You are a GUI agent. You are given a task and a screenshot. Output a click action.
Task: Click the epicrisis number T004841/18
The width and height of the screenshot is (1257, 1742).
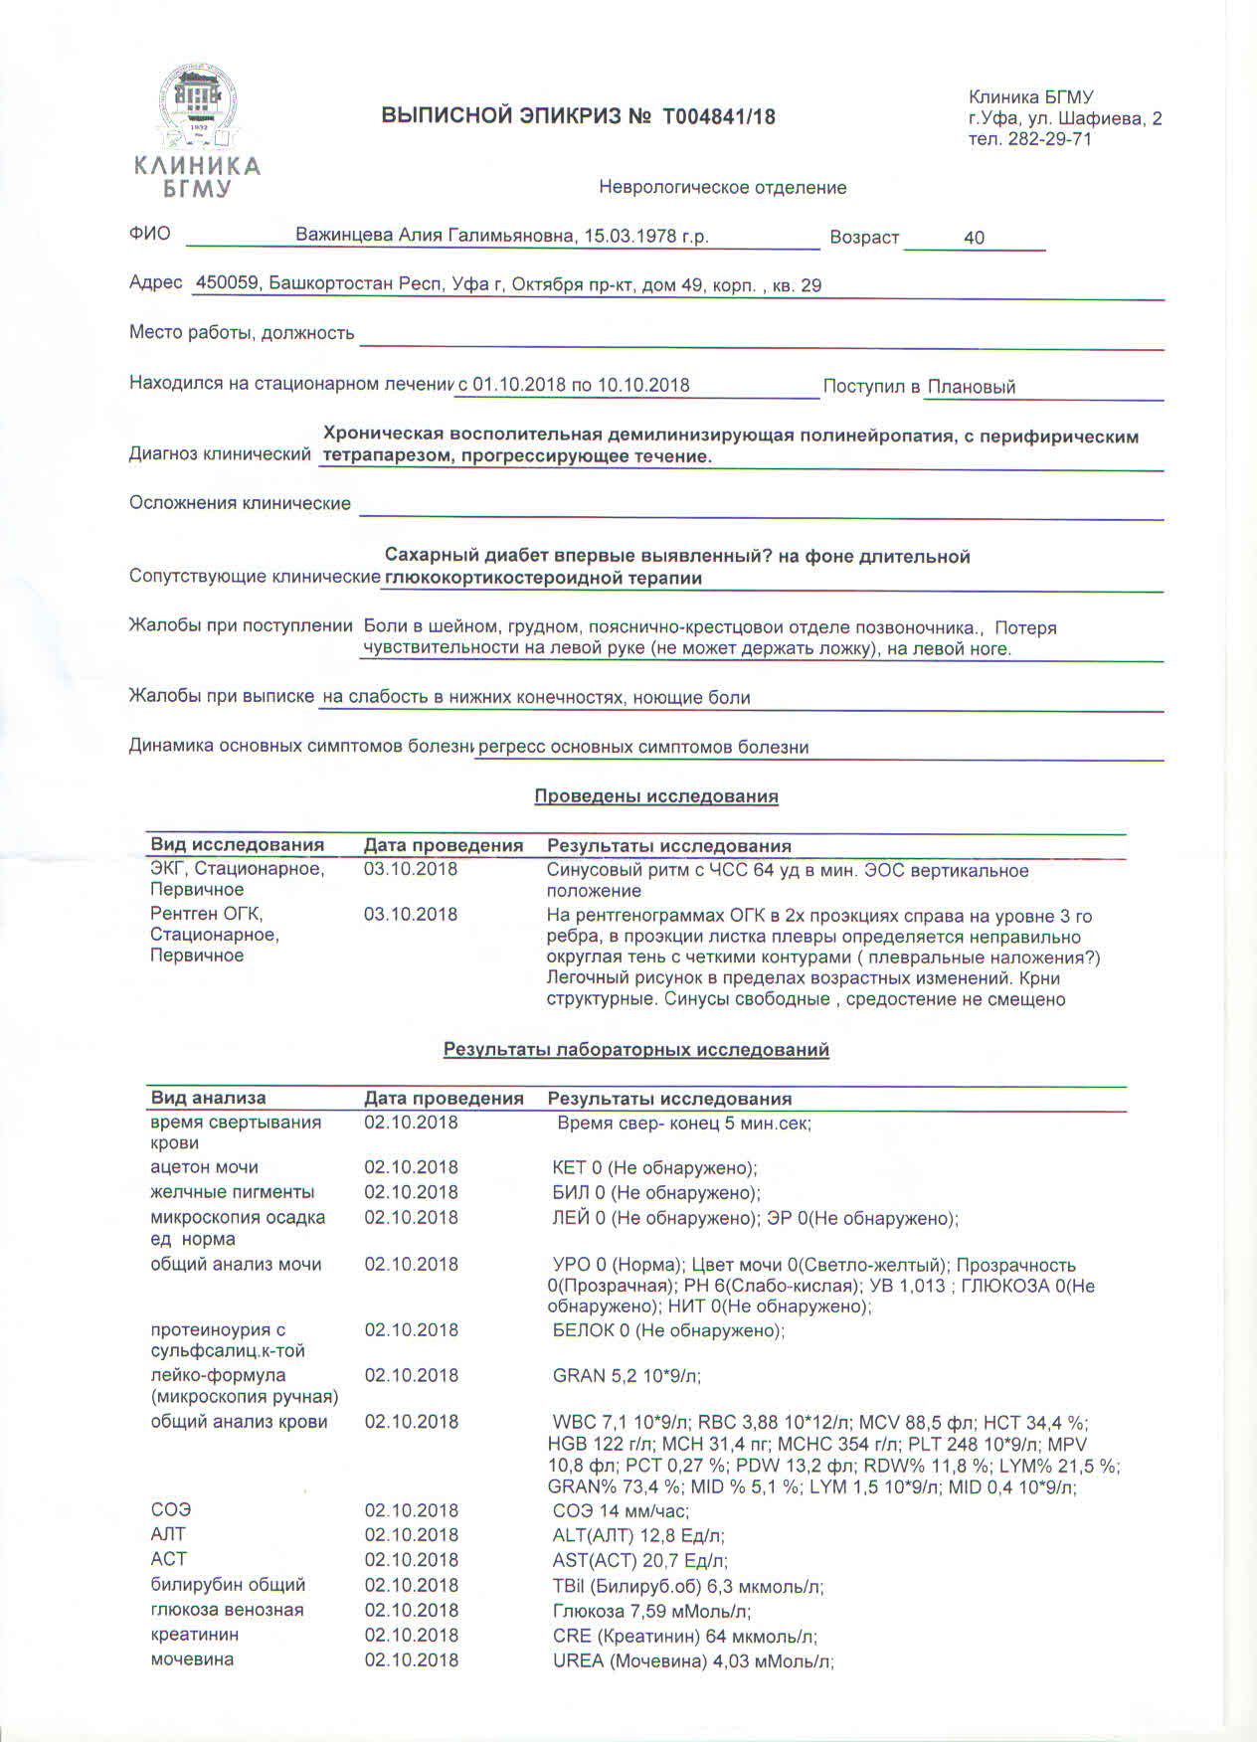tap(718, 117)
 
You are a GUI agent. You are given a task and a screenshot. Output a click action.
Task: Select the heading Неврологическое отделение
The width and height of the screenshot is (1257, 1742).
tap(722, 188)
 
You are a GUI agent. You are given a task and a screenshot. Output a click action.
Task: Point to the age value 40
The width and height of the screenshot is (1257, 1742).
tap(974, 238)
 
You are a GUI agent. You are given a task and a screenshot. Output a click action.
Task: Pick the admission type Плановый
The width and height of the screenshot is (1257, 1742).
tap(971, 387)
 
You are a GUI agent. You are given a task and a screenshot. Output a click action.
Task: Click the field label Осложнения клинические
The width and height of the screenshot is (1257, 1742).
tap(240, 503)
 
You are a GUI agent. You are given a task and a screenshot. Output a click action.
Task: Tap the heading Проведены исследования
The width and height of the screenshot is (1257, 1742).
tap(655, 796)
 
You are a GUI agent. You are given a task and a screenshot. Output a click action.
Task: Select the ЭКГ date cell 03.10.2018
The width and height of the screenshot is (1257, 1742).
tap(411, 869)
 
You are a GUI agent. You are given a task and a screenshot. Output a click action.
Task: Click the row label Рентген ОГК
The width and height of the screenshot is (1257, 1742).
tap(206, 914)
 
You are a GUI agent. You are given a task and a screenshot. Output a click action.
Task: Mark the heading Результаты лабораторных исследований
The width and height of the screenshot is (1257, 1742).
tap(635, 1050)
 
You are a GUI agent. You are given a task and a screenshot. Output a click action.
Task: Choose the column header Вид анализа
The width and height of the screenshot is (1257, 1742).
tap(208, 1098)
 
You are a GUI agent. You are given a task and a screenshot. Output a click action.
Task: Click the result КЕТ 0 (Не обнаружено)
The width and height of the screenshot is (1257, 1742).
tap(654, 1167)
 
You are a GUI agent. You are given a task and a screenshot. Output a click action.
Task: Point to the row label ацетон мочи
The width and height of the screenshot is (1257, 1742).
tap(204, 1167)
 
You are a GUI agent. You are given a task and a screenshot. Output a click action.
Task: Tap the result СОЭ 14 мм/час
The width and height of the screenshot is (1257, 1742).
tap(621, 1510)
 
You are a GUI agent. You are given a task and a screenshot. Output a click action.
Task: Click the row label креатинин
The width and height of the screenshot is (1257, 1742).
tap(194, 1635)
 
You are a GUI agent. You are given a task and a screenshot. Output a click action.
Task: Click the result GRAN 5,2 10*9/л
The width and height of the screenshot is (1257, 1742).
tap(627, 1376)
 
